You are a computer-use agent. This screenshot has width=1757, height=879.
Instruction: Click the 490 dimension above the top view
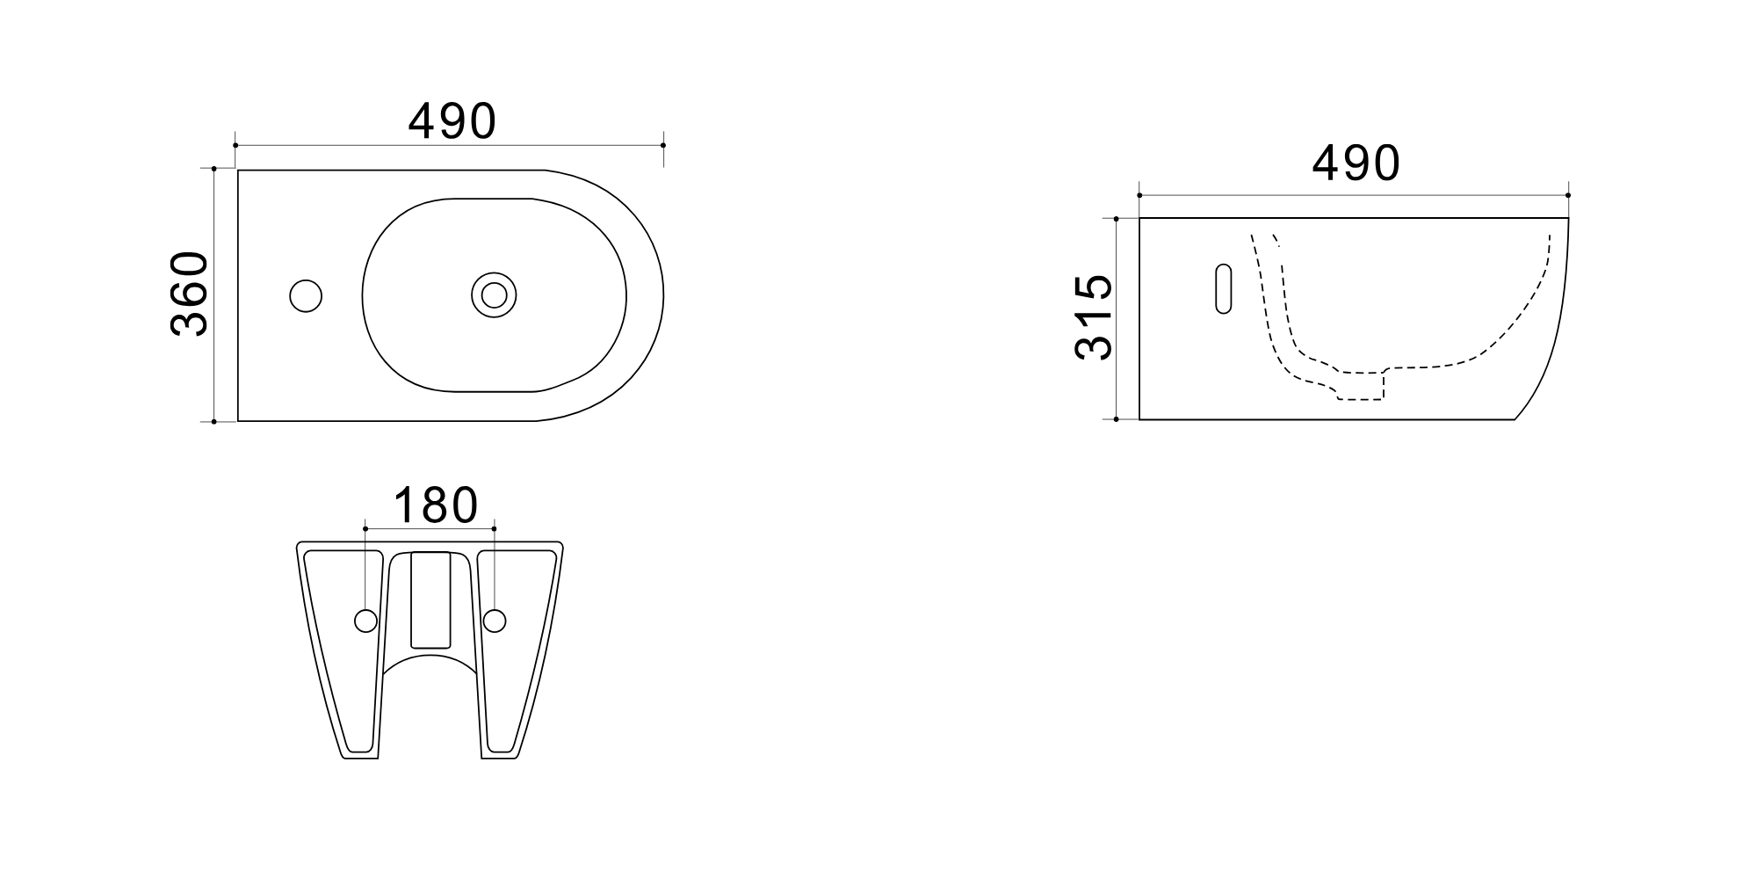452,121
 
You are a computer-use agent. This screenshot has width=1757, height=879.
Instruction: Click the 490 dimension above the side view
1356,163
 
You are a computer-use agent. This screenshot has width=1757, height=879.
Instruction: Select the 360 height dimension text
189,294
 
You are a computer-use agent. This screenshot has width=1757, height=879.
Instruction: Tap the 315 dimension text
1094,317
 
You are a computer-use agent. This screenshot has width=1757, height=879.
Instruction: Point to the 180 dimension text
435,505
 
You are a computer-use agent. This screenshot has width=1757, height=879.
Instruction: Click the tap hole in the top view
306,296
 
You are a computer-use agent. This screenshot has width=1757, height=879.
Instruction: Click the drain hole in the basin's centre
494,294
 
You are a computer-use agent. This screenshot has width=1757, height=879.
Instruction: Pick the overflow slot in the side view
1223,288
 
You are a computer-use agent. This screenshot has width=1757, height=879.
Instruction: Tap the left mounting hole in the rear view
365,621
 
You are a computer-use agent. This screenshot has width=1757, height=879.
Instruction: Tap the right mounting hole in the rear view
495,621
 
